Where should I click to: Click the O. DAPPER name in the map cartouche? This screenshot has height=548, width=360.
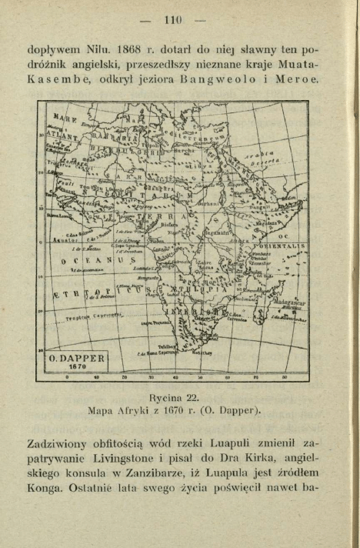point(77,358)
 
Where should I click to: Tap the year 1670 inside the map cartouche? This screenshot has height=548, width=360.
point(77,368)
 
